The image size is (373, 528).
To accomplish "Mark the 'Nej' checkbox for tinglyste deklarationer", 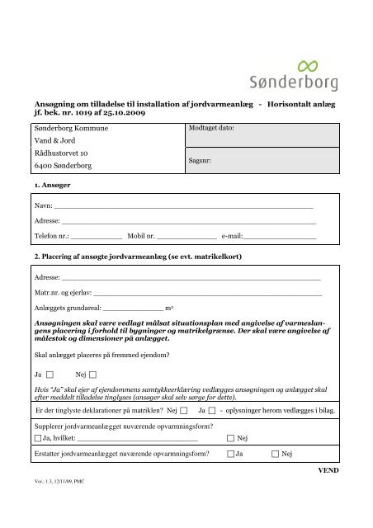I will click(182, 409).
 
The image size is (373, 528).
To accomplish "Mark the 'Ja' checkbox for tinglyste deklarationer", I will click(212, 409).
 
